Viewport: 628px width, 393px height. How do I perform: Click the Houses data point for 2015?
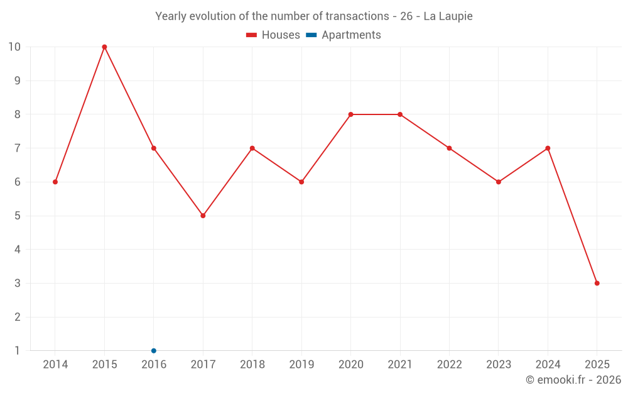tap(104, 47)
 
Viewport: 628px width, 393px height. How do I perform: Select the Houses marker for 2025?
tap(597, 283)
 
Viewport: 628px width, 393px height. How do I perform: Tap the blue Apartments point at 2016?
tap(154, 350)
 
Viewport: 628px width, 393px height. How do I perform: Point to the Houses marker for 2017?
tap(203, 216)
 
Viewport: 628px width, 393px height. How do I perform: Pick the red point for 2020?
tap(350, 114)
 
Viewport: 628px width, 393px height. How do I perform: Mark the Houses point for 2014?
tap(55, 182)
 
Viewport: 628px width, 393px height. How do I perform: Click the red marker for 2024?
tap(548, 148)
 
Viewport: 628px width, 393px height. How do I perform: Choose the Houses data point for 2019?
tap(301, 182)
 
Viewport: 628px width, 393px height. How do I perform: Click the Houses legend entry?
tap(273, 35)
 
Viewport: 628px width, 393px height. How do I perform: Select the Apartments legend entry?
tap(344, 35)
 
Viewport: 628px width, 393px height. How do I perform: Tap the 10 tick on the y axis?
tap(14, 47)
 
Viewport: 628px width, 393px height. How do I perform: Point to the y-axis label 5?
tap(17, 216)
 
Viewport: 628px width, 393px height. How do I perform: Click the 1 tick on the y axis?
tap(17, 350)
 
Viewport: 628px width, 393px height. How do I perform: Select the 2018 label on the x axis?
tap(252, 365)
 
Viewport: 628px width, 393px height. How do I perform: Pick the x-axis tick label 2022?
tap(449, 365)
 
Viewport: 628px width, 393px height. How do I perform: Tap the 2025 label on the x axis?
tap(597, 365)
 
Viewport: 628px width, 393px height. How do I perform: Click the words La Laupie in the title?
tap(448, 16)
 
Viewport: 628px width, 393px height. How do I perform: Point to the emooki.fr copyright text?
tap(573, 380)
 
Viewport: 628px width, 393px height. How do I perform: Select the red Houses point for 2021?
tap(400, 114)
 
